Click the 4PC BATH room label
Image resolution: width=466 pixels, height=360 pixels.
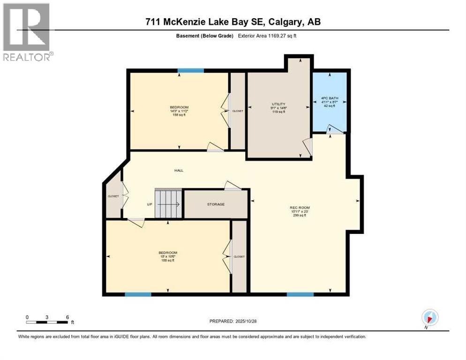point(330,98)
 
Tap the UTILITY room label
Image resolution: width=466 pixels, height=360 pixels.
point(278,104)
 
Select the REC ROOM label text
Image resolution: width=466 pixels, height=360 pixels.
point(300,207)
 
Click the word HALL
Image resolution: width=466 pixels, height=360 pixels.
point(179,171)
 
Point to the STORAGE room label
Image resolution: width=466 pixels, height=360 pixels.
point(216,204)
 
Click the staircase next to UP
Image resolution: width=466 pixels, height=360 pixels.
point(168,203)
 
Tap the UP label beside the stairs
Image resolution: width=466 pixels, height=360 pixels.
point(150,204)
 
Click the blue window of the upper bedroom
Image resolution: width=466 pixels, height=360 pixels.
point(190,71)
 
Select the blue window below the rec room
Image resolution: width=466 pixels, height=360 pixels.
point(300,294)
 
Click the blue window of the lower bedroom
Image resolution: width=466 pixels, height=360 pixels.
point(138,294)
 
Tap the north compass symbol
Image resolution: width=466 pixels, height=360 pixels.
point(430,317)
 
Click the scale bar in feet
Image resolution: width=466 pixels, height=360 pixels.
point(48,322)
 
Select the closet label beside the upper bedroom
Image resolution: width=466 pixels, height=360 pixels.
point(238,111)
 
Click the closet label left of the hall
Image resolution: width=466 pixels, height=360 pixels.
point(113,196)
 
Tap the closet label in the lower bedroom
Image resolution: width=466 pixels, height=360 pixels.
point(239,256)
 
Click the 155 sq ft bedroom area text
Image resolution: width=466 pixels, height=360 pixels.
point(179,115)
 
